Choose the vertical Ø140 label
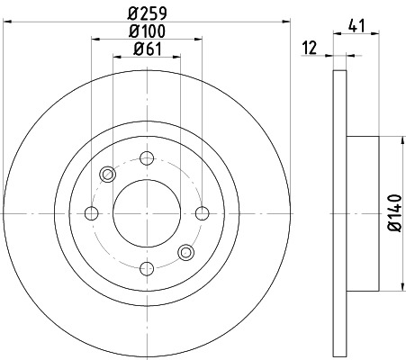[392, 213]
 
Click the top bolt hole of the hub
[145, 158]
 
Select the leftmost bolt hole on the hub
[90, 213]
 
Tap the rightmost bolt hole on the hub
[200, 213]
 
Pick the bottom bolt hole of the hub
[145, 267]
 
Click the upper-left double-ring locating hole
[107, 175]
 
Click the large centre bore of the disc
[145, 213]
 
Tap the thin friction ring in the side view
[339, 213]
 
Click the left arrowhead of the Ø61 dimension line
[114, 57]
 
